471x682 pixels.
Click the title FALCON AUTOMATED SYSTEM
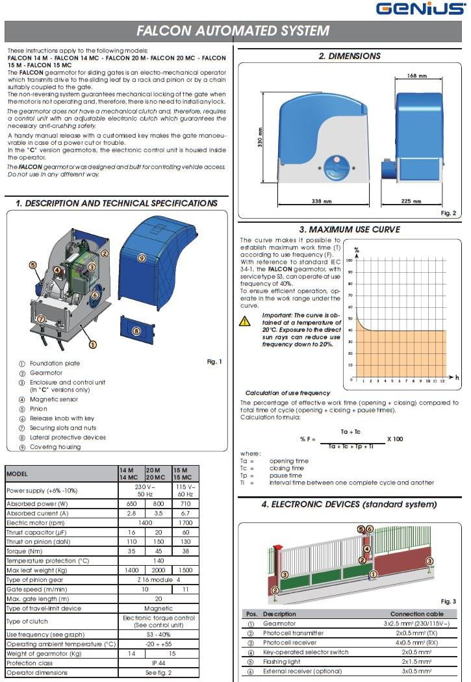[233, 31]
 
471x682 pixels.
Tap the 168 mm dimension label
[416, 76]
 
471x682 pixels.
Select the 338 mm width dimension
[322, 201]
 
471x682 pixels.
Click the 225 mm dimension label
[411, 201]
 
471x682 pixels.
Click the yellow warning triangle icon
[245, 321]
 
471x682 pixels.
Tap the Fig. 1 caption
[214, 362]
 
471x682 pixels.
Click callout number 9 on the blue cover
[141, 258]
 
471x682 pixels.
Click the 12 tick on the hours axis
[442, 381]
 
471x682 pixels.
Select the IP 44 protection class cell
[159, 663]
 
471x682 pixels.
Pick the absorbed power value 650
[131, 503]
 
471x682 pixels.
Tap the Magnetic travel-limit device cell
[159, 609]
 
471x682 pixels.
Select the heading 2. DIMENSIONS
[350, 57]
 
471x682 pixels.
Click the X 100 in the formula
[394, 439]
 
